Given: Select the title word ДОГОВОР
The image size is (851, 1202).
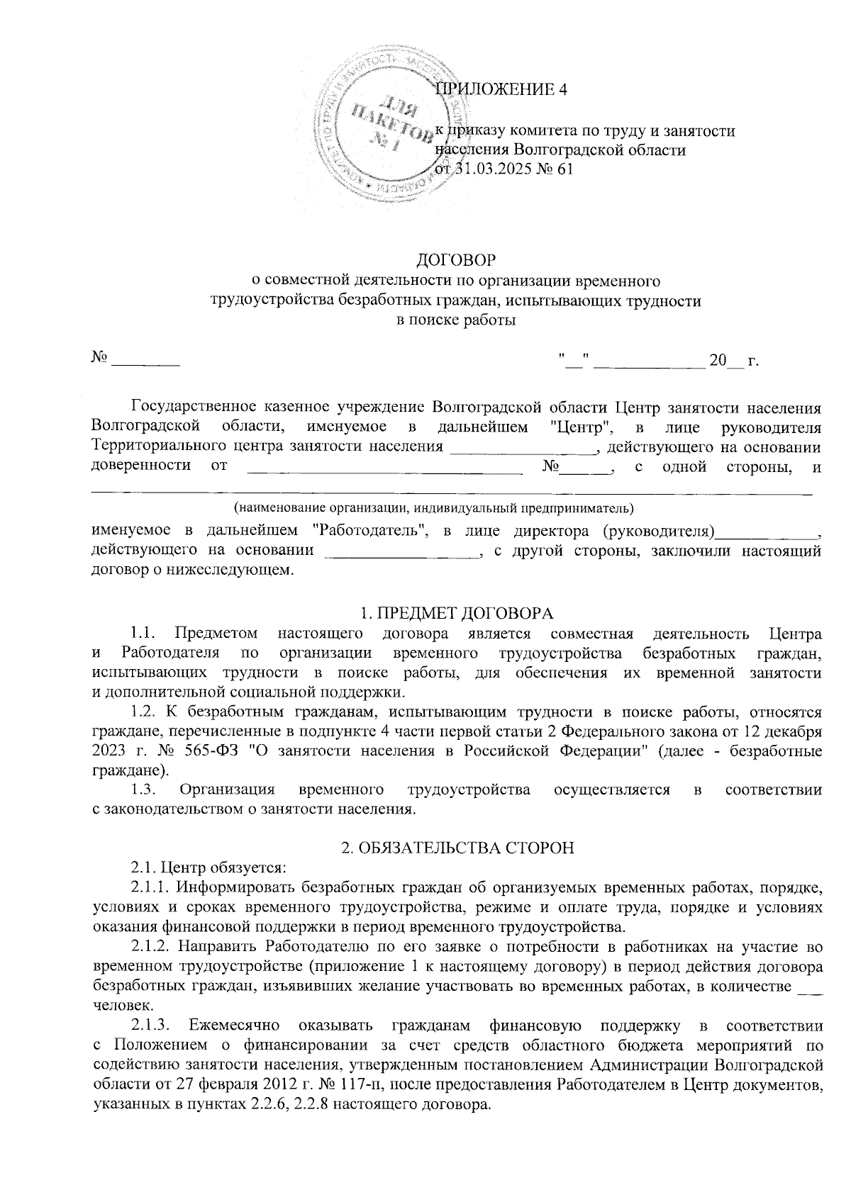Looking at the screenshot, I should (455, 259).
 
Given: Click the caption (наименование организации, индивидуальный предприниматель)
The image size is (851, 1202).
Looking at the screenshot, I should (434, 508).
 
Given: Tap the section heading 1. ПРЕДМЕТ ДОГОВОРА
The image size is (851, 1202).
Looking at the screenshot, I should (456, 613).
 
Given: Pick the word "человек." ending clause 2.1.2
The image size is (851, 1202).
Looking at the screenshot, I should (121, 1004).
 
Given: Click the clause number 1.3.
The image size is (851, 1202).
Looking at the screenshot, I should (148, 790).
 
